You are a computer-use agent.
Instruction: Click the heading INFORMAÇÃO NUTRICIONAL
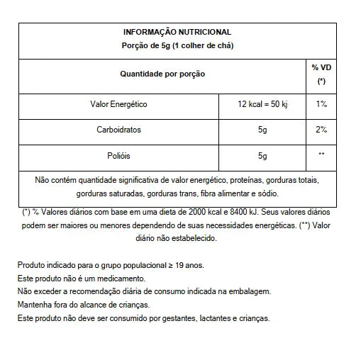(177, 32)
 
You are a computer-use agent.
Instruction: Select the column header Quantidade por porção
(164, 73)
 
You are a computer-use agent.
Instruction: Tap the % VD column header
(321, 73)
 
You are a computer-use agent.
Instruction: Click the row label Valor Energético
(119, 104)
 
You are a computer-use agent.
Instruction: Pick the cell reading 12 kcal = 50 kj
(262, 104)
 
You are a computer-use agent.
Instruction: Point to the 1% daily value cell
(321, 104)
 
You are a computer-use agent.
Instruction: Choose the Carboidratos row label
(119, 130)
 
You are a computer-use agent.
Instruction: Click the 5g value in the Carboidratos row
(262, 130)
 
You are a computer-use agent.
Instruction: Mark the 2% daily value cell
(321, 130)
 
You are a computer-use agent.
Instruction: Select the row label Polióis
(119, 155)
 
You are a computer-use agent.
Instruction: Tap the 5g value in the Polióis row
(262, 155)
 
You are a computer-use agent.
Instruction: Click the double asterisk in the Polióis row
(321, 155)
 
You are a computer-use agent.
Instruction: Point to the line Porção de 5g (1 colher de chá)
(177, 45)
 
